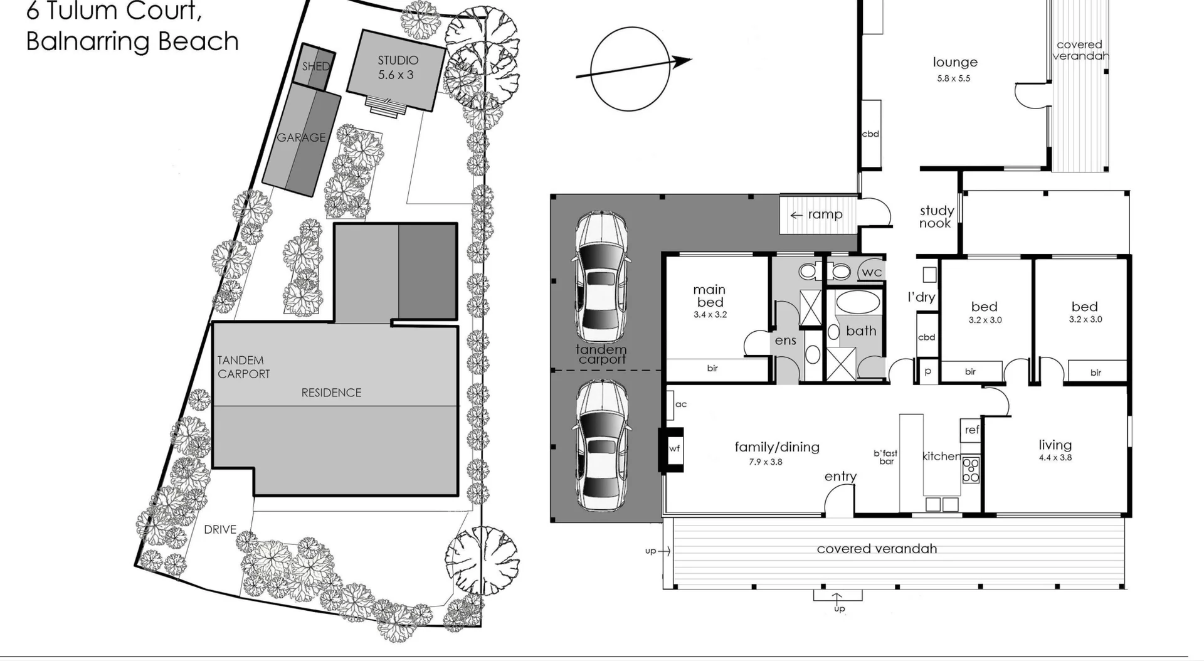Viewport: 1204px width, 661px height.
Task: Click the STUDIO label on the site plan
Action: click(x=398, y=61)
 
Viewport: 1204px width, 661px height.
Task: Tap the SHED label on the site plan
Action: click(x=315, y=66)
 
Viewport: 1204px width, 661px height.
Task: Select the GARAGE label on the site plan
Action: click(x=301, y=137)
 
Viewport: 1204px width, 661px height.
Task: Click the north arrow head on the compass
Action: click(x=684, y=61)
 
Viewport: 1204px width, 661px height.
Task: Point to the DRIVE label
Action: click(x=220, y=530)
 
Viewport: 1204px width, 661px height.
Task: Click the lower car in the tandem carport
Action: click(x=601, y=446)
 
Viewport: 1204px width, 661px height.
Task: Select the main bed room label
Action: click(x=709, y=295)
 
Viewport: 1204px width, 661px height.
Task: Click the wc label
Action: click(x=872, y=272)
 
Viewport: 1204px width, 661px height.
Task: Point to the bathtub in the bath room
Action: click(x=858, y=302)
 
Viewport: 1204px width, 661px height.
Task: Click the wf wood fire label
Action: click(x=674, y=448)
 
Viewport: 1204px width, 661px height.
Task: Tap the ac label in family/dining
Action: click(x=681, y=405)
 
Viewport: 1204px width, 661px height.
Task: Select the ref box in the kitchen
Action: click(x=971, y=430)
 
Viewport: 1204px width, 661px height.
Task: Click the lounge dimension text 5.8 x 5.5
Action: click(x=954, y=78)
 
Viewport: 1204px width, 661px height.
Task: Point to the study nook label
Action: click(x=936, y=217)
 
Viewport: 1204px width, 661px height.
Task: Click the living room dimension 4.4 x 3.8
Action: click(x=1055, y=458)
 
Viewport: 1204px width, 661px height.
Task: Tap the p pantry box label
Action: click(x=927, y=371)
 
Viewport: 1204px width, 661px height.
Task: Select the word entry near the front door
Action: click(x=840, y=477)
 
